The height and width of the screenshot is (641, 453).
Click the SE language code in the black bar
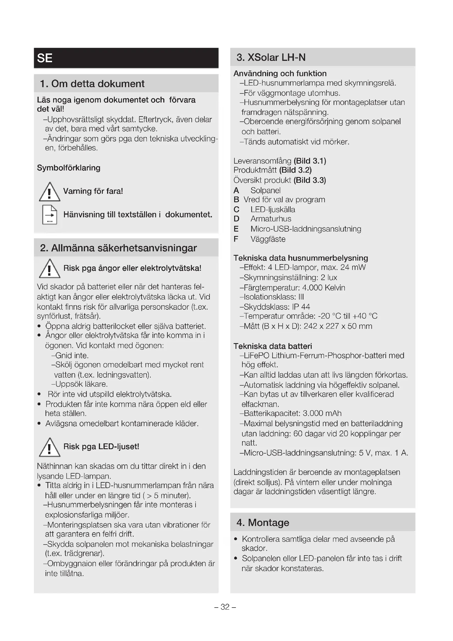(45, 58)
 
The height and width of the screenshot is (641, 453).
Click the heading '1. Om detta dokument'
(92, 84)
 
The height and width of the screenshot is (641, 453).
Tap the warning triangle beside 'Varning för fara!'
(49, 192)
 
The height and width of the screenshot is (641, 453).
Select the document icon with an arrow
(50, 215)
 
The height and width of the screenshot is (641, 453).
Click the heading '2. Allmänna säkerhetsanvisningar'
(118, 248)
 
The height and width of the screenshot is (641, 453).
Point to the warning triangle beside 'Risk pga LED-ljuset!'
(49, 447)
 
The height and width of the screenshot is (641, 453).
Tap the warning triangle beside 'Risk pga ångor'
(49, 269)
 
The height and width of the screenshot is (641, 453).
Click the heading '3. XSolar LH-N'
(271, 58)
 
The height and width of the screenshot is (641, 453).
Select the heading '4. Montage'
(263, 522)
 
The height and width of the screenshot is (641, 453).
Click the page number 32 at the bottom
(225, 607)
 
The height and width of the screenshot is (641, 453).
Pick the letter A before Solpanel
(236, 190)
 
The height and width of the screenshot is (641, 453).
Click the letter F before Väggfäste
(236, 239)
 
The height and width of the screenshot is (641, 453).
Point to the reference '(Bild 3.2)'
(296, 170)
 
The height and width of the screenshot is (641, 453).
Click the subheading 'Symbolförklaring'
(69, 168)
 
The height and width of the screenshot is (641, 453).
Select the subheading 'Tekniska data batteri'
(273, 346)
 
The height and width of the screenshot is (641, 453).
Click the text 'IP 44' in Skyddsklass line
(301, 307)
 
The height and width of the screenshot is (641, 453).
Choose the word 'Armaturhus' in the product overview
(267, 219)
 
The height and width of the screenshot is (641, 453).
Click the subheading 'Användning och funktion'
(280, 73)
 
